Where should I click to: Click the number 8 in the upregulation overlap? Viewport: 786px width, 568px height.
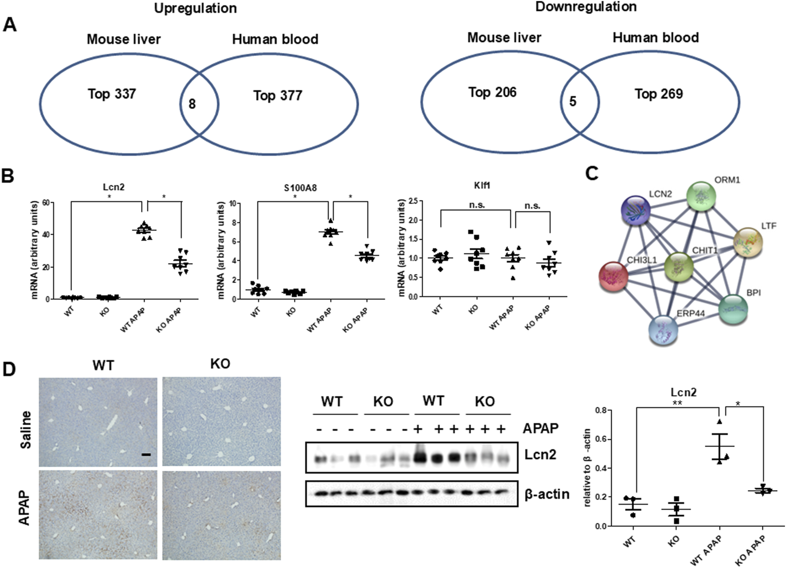point(192,104)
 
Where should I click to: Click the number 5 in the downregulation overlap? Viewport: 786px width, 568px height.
point(573,102)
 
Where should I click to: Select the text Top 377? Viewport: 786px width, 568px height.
point(278,95)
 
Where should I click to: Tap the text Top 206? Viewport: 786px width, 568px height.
point(492,92)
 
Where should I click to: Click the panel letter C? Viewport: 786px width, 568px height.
point(592,174)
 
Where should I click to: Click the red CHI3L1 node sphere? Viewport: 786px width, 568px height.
point(614,276)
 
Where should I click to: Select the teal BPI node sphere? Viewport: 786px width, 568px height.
point(733,310)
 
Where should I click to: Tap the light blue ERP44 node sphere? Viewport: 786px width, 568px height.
point(663,331)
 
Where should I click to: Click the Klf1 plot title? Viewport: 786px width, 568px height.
point(482,185)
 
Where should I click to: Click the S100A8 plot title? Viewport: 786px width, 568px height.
point(300,188)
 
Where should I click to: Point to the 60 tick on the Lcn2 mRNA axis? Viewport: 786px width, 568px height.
point(46,203)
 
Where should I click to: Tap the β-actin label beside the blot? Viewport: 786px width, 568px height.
point(546,494)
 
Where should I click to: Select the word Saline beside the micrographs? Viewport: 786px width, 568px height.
point(25,430)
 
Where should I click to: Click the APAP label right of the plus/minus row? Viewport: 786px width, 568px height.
point(540,428)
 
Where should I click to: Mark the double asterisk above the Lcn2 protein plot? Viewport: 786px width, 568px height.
point(677,403)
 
